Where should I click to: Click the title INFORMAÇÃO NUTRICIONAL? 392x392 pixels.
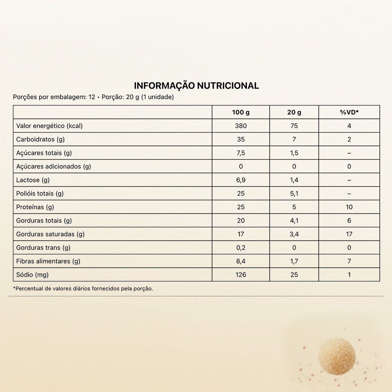[196, 86]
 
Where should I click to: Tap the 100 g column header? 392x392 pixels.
[241, 113]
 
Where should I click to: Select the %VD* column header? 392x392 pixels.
[349, 113]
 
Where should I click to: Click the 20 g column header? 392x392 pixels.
[294, 113]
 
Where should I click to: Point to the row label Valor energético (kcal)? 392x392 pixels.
[49, 126]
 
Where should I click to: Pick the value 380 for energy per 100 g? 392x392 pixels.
[241, 126]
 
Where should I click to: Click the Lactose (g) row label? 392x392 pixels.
[33, 180]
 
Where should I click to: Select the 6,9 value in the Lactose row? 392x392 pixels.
[241, 180]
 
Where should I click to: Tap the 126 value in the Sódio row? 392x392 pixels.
[241, 275]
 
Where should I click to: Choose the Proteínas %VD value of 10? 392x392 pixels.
[349, 207]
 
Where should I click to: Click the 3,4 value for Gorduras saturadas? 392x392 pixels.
[294, 234]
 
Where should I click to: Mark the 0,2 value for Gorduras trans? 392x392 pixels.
[241, 248]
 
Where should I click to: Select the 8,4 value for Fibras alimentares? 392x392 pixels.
[241, 261]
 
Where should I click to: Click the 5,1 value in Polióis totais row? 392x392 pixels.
[294, 194]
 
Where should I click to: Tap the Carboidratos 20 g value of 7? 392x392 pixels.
[294, 140]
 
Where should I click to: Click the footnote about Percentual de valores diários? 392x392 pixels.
[83, 289]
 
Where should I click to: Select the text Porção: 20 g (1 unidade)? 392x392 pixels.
[138, 97]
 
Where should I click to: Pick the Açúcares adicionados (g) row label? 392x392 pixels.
[53, 167]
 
